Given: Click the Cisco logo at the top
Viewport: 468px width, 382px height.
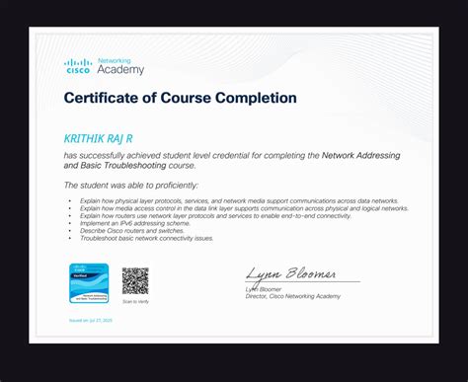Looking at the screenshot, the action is (x=78, y=67).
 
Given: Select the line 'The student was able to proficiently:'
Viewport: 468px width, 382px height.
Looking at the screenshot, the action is (x=130, y=185).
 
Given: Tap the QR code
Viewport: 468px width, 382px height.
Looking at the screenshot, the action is (x=135, y=281).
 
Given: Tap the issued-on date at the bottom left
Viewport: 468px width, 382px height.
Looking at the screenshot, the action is (x=92, y=322).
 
